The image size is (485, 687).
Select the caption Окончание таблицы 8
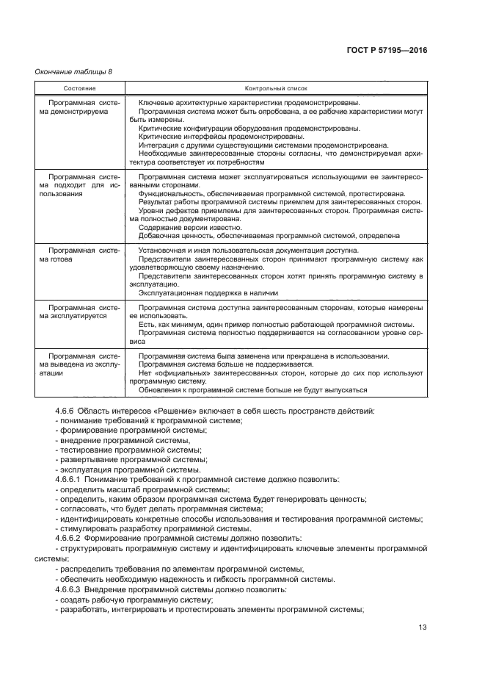pyautogui.click(x=74, y=71)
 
